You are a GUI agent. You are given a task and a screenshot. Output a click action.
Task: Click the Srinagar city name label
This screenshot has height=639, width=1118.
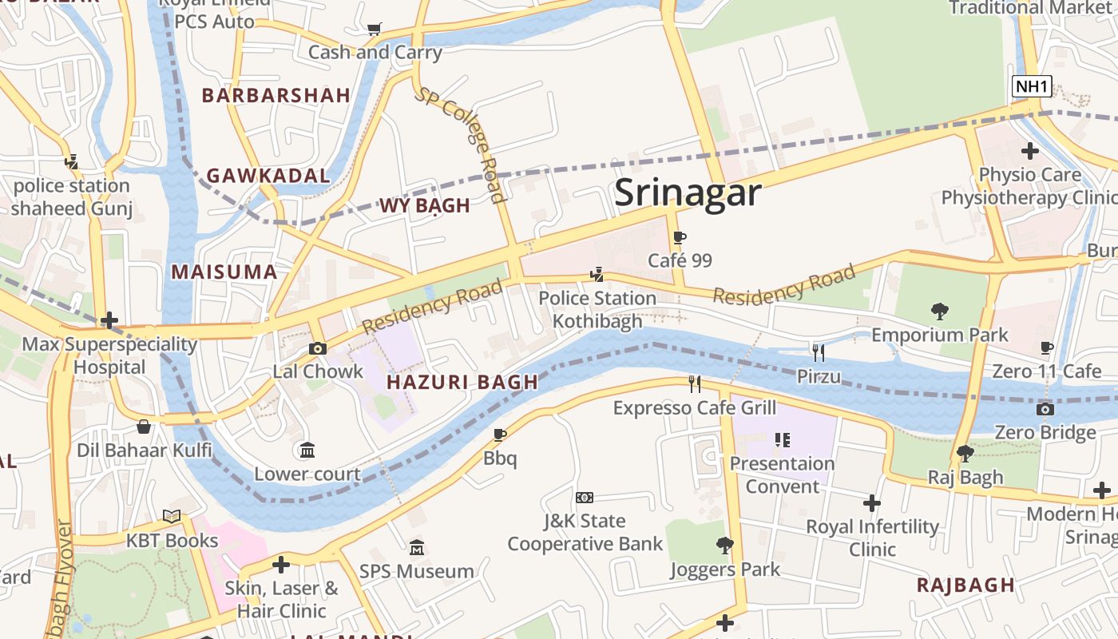coord(688,193)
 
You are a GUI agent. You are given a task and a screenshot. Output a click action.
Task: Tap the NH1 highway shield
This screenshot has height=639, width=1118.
coord(1032,86)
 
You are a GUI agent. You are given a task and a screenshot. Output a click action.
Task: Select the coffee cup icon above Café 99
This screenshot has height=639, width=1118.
coord(680,238)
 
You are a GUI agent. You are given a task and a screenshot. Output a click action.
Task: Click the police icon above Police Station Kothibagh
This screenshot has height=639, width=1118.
coord(597,275)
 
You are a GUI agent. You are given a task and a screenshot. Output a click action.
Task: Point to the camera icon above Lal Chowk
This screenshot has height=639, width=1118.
coord(318,348)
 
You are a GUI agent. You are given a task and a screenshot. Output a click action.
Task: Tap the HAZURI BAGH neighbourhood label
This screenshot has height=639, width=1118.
coord(462,382)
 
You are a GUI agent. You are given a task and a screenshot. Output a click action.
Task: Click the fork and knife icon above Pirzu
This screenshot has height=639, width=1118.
coord(818,352)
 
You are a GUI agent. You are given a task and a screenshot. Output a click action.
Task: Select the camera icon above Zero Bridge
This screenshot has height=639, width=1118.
coord(1045,409)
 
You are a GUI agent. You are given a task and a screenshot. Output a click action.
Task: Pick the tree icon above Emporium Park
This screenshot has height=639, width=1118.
coord(940,311)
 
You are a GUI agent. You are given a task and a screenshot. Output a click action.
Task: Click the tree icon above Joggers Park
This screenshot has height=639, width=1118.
coord(724,546)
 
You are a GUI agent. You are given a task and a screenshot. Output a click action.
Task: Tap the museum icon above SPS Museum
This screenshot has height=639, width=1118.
coord(417,548)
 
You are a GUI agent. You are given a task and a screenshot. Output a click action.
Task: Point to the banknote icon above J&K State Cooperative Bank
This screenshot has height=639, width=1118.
coord(585,498)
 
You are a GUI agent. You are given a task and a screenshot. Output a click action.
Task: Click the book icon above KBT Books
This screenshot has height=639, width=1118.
coord(172,517)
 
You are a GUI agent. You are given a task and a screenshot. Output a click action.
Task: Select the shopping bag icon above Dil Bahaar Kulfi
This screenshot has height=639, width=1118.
coord(144,427)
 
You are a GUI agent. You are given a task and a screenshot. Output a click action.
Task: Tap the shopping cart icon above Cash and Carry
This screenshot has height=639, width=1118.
coord(374,30)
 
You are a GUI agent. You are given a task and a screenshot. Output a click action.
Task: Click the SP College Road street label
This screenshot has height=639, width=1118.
coord(460,145)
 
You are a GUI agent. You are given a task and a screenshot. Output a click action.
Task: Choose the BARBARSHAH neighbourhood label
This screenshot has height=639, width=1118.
coord(276,96)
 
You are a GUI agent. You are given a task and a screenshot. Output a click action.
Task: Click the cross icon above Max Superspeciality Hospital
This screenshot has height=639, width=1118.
coord(109,321)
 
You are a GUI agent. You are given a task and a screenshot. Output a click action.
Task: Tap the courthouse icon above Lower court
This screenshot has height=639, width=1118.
coord(307,450)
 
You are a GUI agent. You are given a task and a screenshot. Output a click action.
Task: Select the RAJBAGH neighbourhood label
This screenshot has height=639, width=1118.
coord(965,585)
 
